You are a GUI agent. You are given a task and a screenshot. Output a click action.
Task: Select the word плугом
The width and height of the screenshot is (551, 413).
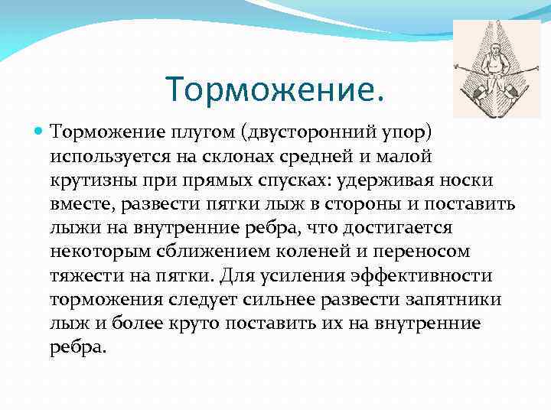tap(197, 133)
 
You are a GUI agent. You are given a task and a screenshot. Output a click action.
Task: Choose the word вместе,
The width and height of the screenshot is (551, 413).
tap(80, 204)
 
